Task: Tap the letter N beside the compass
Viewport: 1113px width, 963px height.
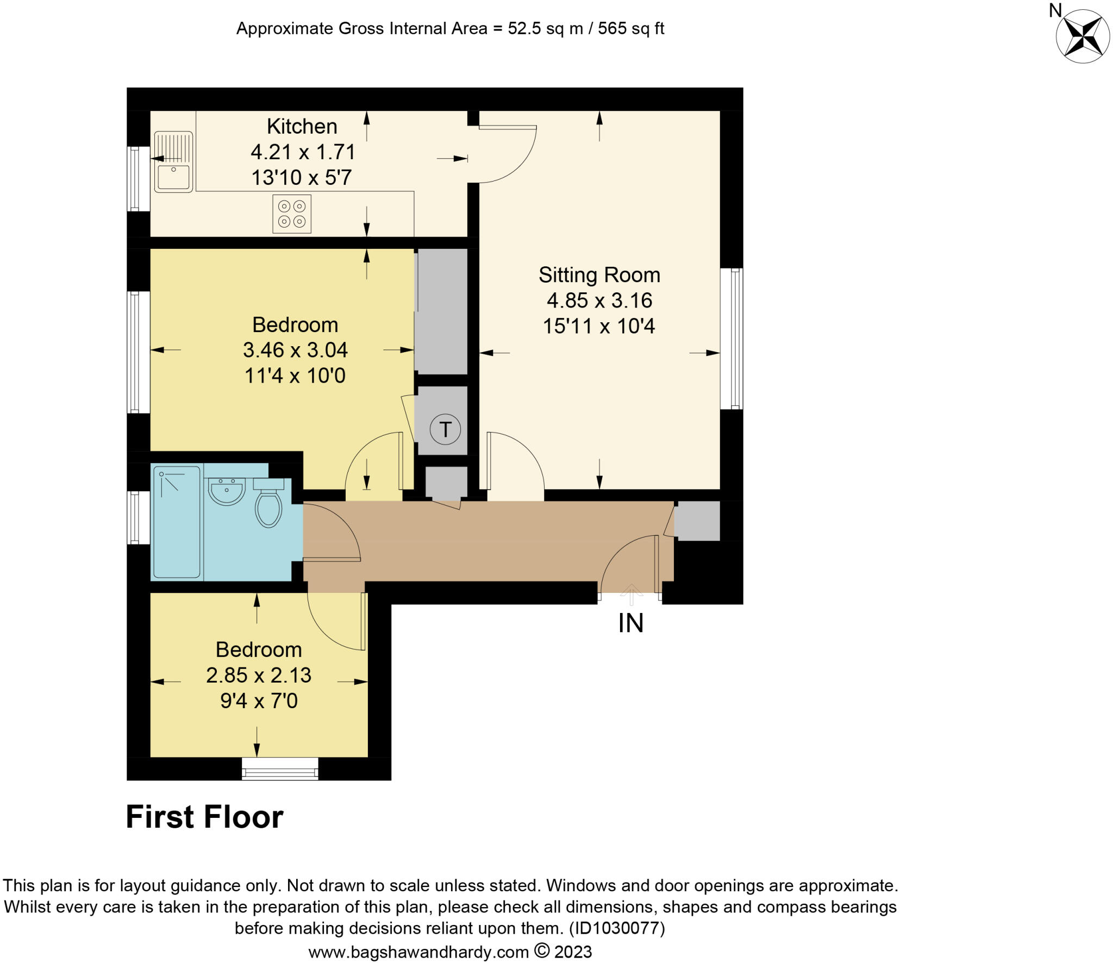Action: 1055,10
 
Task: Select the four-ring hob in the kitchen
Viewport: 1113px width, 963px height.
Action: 292,214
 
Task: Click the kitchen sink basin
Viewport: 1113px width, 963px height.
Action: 173,176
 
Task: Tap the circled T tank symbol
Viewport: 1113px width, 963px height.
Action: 445,429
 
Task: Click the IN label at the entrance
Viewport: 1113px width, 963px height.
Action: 630,623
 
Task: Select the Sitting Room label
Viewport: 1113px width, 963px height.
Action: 599,275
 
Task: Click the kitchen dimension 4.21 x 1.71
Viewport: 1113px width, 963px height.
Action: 303,152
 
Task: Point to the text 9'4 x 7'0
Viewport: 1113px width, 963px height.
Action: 259,701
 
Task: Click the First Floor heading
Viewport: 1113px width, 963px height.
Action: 204,817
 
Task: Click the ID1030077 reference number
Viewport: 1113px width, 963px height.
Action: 616,928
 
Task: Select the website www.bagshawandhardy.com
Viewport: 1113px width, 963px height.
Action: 418,952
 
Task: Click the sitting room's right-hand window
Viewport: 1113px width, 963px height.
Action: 732,338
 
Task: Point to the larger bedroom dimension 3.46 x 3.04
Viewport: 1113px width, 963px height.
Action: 295,350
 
